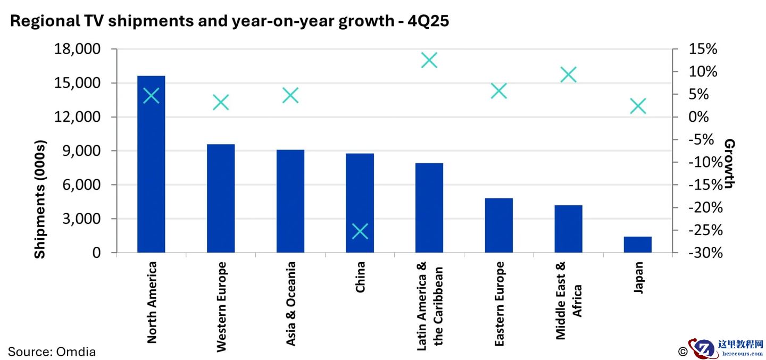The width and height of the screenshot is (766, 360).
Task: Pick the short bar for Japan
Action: tap(637, 245)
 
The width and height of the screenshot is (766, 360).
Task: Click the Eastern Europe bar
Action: tap(498, 225)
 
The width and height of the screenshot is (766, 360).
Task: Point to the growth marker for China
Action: tap(360, 231)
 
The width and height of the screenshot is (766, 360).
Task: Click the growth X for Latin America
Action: tap(429, 61)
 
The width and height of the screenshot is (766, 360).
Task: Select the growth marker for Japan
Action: tap(638, 106)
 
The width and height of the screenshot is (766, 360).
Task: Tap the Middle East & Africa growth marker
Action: tap(568, 75)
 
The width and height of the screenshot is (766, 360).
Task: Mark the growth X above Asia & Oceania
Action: tap(290, 96)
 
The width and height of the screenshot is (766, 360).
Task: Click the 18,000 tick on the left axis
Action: tap(77, 49)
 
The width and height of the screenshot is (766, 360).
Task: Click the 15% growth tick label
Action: tap(702, 49)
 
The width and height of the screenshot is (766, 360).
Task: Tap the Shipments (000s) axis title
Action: tap(40, 199)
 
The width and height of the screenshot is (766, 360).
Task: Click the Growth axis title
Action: tap(729, 163)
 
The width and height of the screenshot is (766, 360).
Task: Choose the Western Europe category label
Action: tap(221, 307)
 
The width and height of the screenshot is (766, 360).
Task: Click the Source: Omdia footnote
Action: tap(52, 351)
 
